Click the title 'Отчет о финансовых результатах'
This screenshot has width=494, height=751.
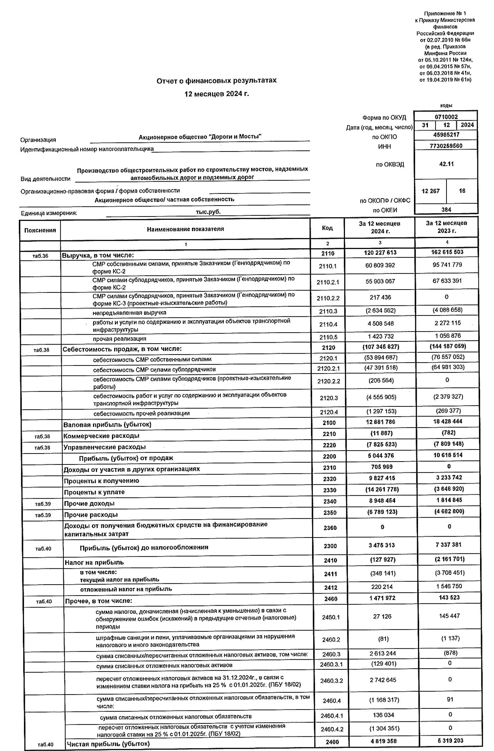click(216, 80)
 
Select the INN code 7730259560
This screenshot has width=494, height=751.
click(446, 146)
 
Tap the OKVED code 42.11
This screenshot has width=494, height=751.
click(446, 164)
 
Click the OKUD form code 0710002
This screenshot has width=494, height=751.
click(446, 117)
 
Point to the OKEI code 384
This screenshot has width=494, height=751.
click(446, 209)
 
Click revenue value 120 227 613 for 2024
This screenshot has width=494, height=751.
click(380, 252)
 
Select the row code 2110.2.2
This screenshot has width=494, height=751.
click(328, 298)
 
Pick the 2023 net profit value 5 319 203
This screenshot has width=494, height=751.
click(450, 740)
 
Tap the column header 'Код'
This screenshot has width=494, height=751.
click(327, 228)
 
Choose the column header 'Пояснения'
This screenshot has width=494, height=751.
click(40, 230)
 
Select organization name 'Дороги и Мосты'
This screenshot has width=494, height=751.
click(200, 136)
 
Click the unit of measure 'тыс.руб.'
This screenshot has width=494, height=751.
click(208, 211)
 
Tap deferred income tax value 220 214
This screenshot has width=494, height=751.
click(382, 587)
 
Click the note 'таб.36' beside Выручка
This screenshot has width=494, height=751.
click(41, 256)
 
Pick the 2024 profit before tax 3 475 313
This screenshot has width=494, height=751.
click(381, 545)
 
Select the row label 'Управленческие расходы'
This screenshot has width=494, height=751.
click(105, 447)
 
